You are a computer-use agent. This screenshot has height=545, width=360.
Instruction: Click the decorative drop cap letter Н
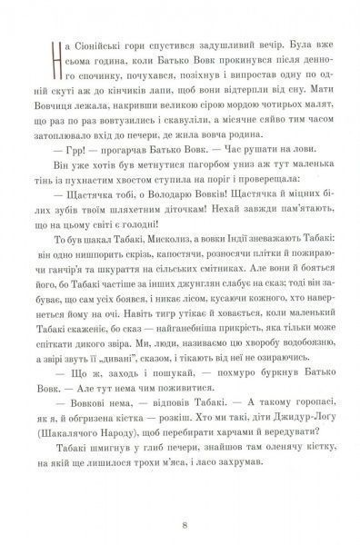tap(56, 56)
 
